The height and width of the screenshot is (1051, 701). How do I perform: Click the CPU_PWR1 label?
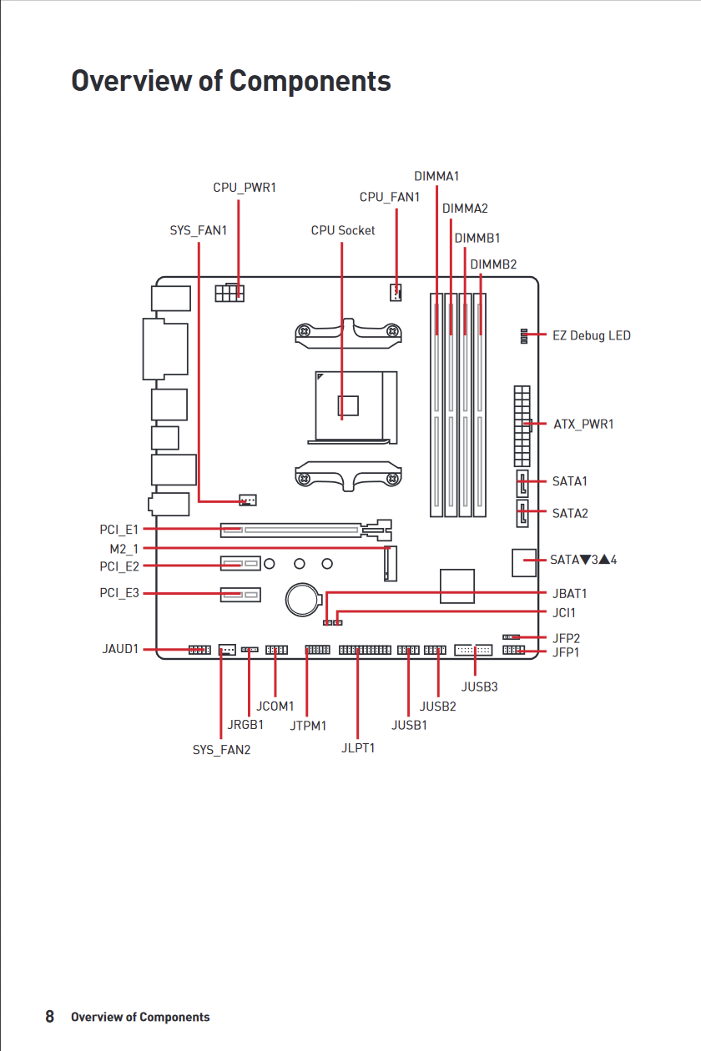coord(245,188)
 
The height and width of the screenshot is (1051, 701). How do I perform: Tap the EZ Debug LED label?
coord(591,335)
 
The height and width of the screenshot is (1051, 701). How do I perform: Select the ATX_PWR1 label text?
coord(583,424)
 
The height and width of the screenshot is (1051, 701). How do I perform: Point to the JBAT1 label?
coord(569,594)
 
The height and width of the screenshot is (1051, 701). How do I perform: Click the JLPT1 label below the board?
coord(358,748)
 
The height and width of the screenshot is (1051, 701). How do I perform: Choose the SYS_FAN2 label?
coord(221,750)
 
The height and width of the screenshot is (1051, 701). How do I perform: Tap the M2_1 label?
coord(124,549)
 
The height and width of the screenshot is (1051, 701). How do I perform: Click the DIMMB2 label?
coord(493,264)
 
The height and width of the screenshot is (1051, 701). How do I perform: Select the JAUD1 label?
coord(121,649)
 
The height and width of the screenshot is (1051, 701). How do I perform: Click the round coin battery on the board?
coord(303,600)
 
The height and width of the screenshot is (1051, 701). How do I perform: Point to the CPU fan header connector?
coord(396,293)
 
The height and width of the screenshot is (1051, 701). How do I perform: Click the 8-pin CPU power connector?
coord(229,293)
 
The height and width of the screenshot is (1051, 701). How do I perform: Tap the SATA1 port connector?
coord(522,483)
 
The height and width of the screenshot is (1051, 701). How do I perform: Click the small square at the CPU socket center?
coord(348,406)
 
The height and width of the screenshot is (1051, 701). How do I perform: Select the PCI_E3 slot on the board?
coord(240,595)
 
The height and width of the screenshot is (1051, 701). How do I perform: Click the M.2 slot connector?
coord(391,564)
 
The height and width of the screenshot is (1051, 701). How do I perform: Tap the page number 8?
coord(49,1016)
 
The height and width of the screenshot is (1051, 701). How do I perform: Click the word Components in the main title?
coord(310,81)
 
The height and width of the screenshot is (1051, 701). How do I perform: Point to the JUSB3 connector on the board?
coord(473,650)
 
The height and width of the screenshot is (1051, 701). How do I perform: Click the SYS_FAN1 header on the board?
coord(248,500)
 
